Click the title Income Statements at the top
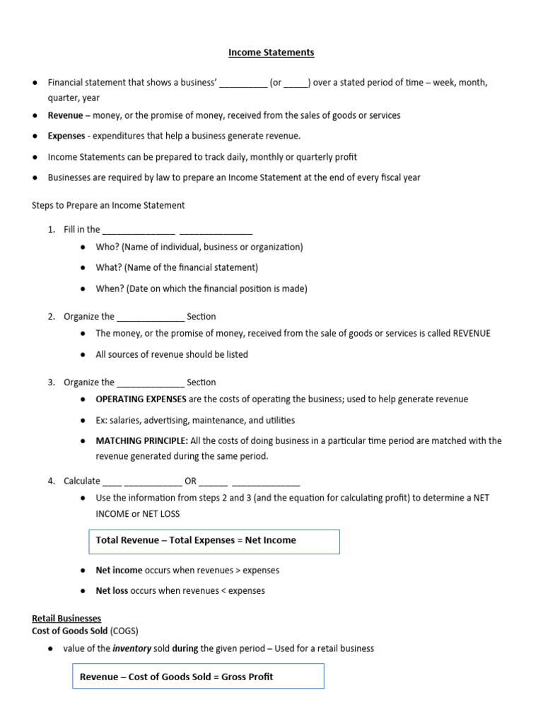coord(271,52)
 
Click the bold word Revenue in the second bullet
coord(65,115)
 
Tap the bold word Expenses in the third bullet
coord(66,136)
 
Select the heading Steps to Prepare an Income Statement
coord(108,205)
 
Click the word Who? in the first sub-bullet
coord(108,247)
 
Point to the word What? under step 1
coord(110,267)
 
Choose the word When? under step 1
coord(110,288)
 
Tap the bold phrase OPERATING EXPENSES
coord(141,399)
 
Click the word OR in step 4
coord(190,481)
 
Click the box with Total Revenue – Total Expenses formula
coord(214,541)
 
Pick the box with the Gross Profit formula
coord(199,677)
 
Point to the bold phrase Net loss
coord(112,590)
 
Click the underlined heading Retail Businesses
coord(66,618)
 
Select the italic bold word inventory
coord(133,648)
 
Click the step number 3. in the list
coord(52,383)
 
